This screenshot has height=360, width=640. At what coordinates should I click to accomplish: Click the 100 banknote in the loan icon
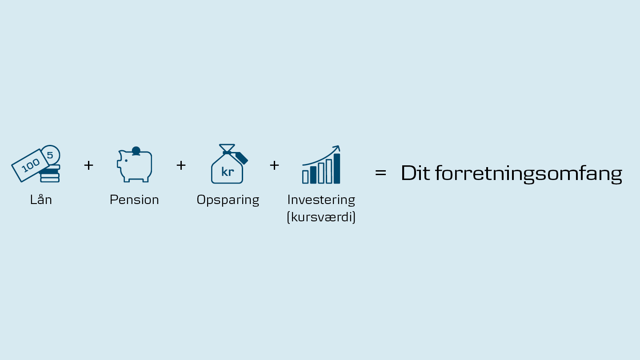pos(30,165)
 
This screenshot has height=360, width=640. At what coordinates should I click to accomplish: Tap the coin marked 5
pos(51,155)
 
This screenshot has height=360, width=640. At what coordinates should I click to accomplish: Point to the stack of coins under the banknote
pos(50,174)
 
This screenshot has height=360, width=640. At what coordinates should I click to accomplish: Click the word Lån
pos(41,200)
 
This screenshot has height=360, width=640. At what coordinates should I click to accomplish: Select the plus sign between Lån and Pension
pos(88,165)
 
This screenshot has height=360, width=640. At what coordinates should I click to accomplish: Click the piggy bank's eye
pos(126,160)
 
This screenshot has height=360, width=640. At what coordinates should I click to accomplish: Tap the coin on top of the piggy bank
pos(136,151)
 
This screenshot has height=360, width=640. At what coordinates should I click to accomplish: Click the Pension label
pos(134,200)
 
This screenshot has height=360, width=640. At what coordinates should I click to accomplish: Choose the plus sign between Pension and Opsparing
pos(181,165)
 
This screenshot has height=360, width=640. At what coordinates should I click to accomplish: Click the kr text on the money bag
pos(228,172)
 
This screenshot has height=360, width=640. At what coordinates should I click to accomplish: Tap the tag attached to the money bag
pos(241,158)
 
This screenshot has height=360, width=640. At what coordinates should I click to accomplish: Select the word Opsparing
pos(228,200)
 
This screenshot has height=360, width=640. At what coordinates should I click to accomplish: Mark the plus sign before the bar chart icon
pos(274,165)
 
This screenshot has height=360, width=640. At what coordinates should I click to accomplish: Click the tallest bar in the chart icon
pos(337,168)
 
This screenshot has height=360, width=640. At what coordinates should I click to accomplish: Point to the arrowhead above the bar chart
pos(337,148)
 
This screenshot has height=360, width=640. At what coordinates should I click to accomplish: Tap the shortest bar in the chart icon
pos(305,177)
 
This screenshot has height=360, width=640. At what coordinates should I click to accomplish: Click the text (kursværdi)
pos(321,217)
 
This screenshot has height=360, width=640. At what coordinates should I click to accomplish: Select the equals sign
pos(380,172)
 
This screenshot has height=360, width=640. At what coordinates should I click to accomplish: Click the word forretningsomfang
pos(529,174)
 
